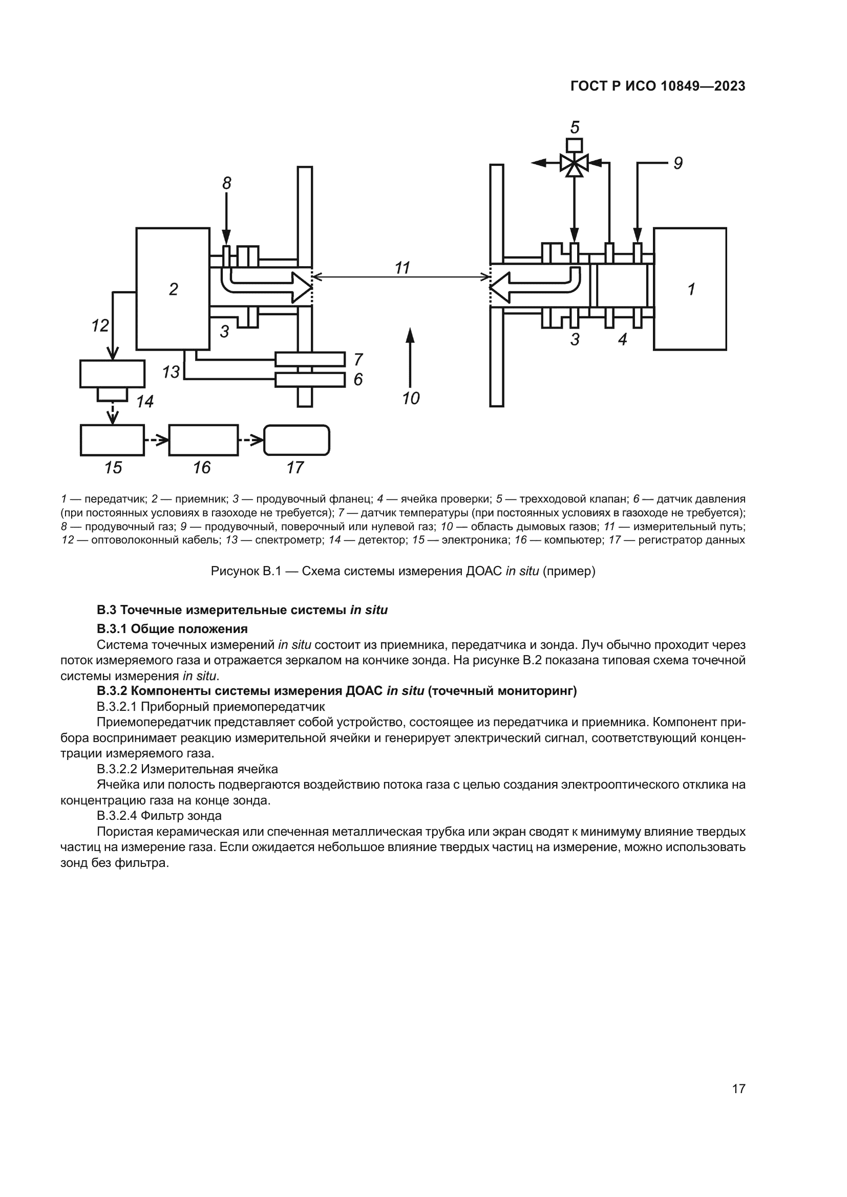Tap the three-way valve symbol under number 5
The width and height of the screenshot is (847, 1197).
574,163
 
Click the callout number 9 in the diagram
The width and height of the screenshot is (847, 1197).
677,164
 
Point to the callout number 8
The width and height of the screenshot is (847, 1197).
226,183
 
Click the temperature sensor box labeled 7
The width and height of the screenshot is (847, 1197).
310,359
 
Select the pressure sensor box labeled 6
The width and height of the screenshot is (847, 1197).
310,380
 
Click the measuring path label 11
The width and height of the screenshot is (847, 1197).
401,268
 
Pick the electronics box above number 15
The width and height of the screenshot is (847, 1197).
112,440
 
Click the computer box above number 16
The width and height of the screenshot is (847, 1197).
203,440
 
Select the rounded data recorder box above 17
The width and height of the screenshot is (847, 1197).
296,440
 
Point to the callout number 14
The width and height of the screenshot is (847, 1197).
145,401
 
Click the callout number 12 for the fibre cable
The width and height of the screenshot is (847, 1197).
100,326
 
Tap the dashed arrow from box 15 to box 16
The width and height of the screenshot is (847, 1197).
157,440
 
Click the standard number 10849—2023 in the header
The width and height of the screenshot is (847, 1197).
703,86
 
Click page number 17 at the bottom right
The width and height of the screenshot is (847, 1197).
738,1089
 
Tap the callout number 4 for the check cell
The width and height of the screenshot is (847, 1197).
622,340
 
